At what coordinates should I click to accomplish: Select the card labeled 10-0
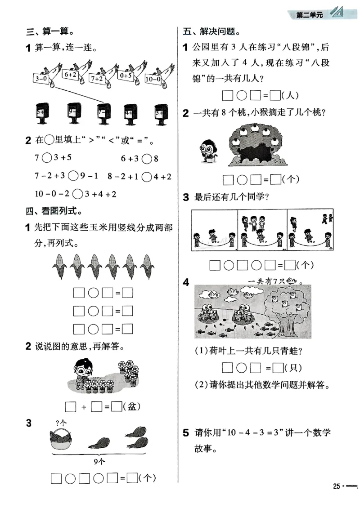coord(153,79)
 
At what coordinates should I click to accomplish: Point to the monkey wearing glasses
coord(208,148)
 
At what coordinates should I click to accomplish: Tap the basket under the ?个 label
coord(61,438)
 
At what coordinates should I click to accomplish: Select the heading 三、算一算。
coord(49,32)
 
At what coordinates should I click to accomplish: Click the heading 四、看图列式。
coord(56,211)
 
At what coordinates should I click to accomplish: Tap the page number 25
coord(336,487)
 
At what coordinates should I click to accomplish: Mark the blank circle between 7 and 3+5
coord(47,158)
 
